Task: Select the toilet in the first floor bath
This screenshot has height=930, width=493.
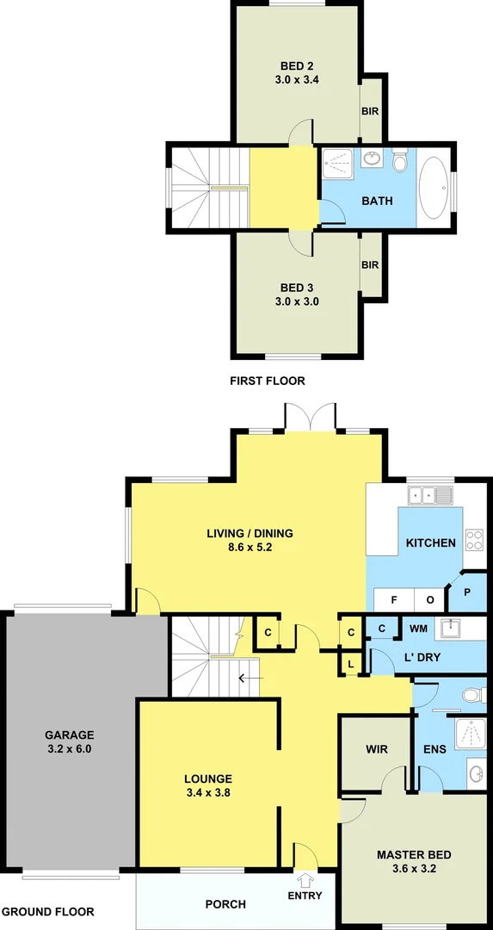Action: (x=399, y=162)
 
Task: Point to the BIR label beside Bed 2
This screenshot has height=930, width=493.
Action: (x=370, y=111)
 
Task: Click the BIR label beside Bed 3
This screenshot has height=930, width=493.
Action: (x=370, y=265)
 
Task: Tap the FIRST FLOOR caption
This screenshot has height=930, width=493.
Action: (x=267, y=381)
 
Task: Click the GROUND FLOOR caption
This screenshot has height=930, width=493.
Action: (x=47, y=911)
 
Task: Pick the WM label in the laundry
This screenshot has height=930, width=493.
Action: (x=419, y=629)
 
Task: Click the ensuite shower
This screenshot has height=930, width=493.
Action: (x=469, y=730)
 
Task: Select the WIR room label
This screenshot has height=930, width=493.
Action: (x=376, y=749)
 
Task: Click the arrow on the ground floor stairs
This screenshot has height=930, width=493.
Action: (x=250, y=678)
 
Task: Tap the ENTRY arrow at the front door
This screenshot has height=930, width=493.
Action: (x=305, y=879)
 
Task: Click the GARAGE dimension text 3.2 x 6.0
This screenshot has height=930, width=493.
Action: (x=69, y=749)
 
